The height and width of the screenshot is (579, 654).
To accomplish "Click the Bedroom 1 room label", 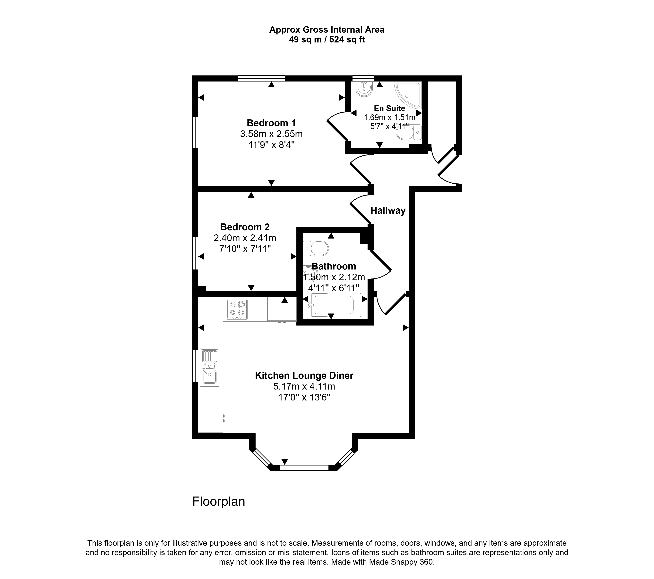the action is (271, 123).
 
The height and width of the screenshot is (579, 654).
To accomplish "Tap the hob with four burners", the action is (237, 309).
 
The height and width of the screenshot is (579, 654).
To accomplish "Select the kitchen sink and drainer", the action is (210, 367).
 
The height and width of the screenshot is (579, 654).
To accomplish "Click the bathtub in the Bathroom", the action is (335, 305).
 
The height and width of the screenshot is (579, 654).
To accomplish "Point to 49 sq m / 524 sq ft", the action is (327, 40).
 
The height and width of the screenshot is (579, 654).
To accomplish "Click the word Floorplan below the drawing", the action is (219, 501).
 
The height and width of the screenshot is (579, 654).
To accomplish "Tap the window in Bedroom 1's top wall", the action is (261, 78).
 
